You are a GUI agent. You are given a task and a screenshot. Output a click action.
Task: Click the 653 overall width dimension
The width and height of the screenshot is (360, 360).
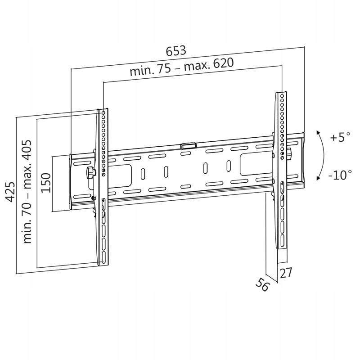(x=176, y=50)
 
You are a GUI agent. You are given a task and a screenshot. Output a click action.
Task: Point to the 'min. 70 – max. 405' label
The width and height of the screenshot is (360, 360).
(x=28, y=189)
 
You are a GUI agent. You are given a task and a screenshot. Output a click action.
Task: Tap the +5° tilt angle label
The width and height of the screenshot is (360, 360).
(x=339, y=138)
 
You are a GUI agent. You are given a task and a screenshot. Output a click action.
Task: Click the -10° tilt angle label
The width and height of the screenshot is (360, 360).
(x=339, y=175)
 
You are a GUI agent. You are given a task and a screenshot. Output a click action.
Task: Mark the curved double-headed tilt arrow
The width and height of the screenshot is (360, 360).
(x=321, y=155)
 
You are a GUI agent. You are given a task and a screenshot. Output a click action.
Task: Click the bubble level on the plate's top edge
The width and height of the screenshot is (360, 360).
(x=188, y=146)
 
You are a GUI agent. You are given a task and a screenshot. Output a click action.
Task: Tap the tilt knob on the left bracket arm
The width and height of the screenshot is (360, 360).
(x=90, y=171)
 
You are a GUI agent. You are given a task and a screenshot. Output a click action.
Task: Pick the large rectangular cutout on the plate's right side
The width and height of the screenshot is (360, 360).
(x=254, y=164)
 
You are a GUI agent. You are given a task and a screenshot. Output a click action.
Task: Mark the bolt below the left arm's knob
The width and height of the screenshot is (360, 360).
(x=93, y=198)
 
